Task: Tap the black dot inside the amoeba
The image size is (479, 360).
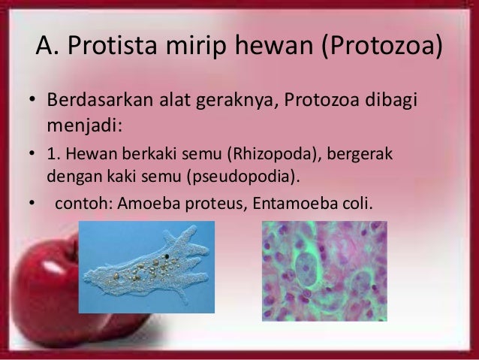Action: pyautogui.click(x=164, y=261)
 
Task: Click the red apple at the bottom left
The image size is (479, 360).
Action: pyautogui.click(x=38, y=301)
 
